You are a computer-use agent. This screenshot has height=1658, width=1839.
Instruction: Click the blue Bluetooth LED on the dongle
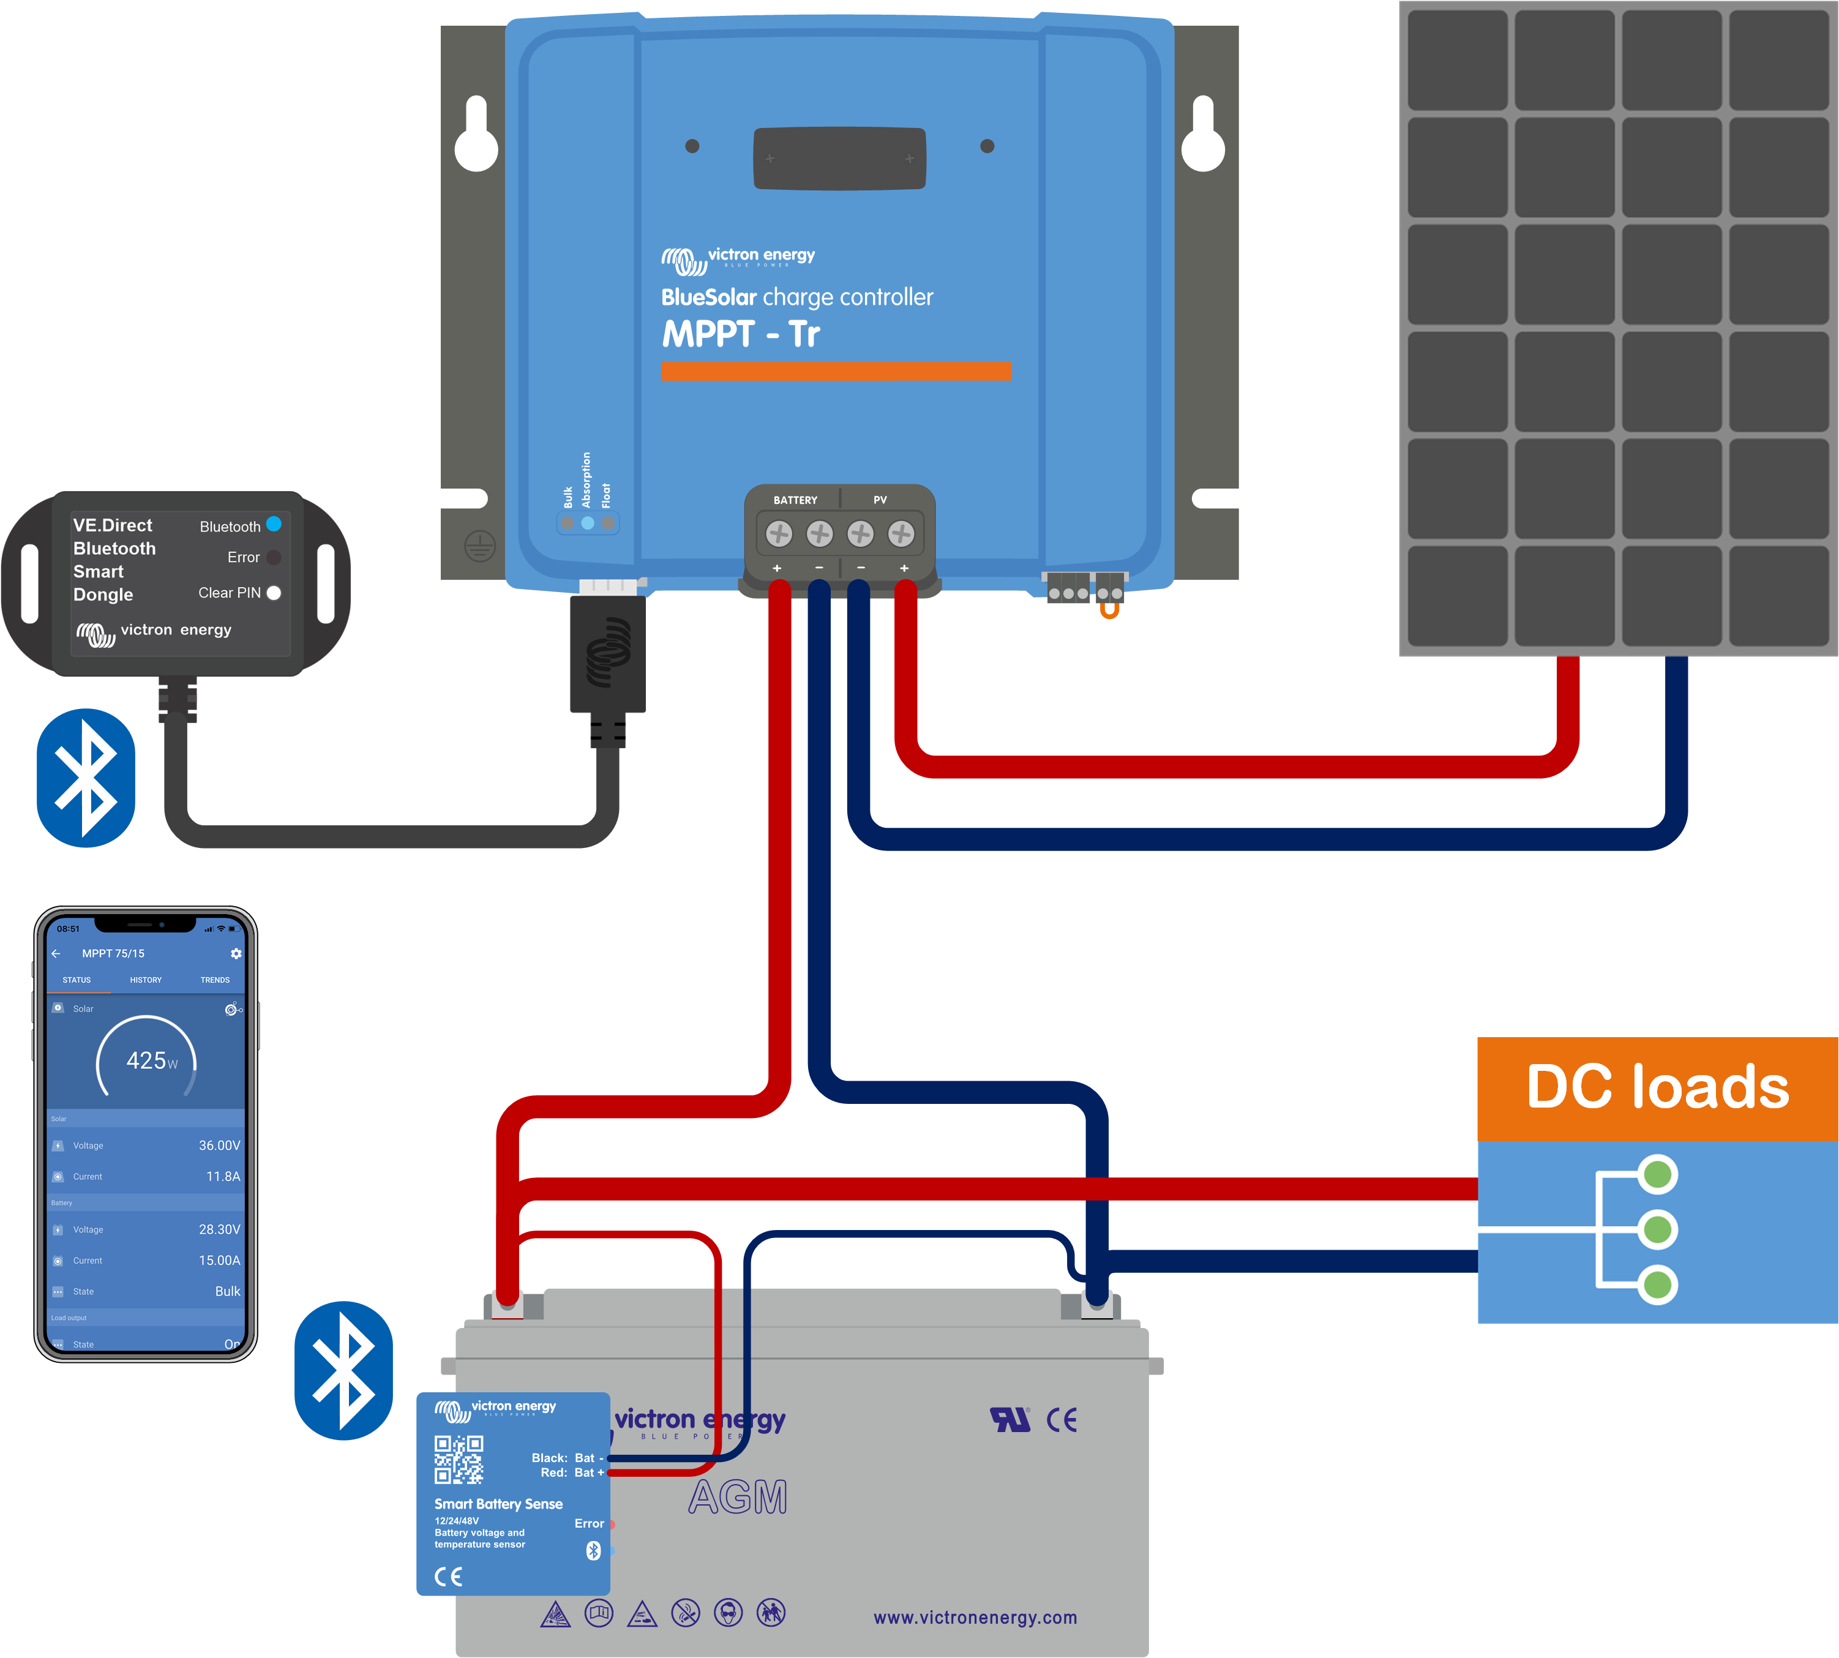click(273, 525)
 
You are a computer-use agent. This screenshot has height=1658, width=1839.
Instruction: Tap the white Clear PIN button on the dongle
click(273, 593)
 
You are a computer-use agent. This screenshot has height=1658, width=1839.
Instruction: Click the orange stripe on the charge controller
click(835, 372)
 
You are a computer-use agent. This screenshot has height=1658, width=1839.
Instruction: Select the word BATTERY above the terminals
click(795, 500)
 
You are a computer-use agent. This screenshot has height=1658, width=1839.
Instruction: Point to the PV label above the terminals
click(880, 500)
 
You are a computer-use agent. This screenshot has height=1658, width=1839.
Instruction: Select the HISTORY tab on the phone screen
click(146, 980)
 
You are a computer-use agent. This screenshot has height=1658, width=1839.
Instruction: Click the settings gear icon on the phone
click(236, 954)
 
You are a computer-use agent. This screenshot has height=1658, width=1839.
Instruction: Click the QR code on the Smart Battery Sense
click(458, 1460)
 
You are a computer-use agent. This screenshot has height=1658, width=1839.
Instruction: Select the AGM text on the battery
click(738, 1498)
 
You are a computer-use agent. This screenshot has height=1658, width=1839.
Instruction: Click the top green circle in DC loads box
click(1658, 1174)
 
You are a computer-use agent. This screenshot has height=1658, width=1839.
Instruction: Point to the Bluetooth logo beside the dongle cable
click(86, 778)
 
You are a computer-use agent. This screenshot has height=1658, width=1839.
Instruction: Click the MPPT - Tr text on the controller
click(741, 334)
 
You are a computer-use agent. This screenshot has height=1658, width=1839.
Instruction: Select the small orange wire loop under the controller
click(1109, 611)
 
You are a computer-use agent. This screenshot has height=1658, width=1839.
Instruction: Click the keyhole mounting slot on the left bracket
click(476, 137)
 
